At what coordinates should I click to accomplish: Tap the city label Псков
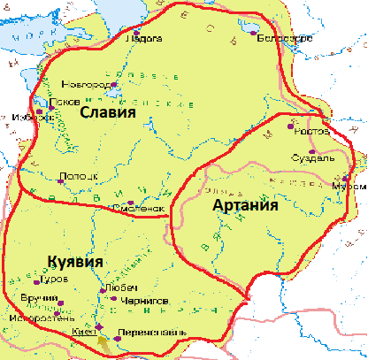64,101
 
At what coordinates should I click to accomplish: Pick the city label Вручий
32,300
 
